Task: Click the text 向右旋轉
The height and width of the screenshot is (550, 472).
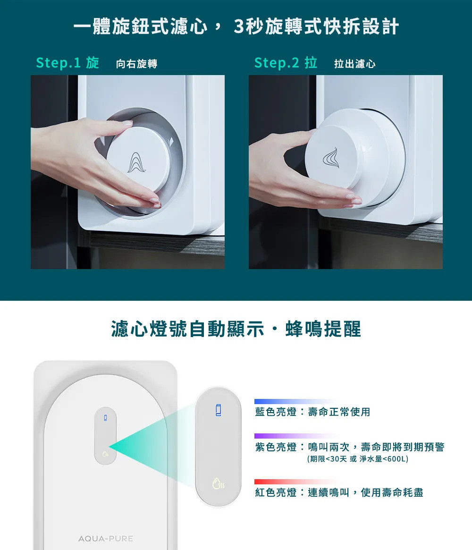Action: point(136,64)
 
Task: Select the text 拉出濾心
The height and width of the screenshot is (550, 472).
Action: point(354,64)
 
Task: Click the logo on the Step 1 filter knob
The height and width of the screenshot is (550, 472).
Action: point(136,162)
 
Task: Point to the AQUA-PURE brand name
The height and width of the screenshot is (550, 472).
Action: point(106,538)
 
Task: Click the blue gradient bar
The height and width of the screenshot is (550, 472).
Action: point(296,401)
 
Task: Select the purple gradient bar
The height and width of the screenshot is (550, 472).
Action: point(296,436)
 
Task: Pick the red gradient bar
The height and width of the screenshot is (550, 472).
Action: point(296,482)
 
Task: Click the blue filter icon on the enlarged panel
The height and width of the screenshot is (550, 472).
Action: point(218,410)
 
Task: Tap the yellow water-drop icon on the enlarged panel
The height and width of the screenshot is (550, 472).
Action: point(218,483)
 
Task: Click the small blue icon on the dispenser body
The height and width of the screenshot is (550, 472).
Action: point(105,417)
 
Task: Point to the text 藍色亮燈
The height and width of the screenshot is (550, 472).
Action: point(276,412)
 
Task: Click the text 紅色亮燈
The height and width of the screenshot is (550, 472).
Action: point(276,492)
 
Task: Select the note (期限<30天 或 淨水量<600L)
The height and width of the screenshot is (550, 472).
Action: point(358,459)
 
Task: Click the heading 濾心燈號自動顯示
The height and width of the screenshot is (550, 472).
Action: point(187,329)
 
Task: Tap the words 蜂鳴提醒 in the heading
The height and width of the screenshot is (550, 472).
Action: point(323,329)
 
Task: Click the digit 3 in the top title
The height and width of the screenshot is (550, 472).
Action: point(239,26)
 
